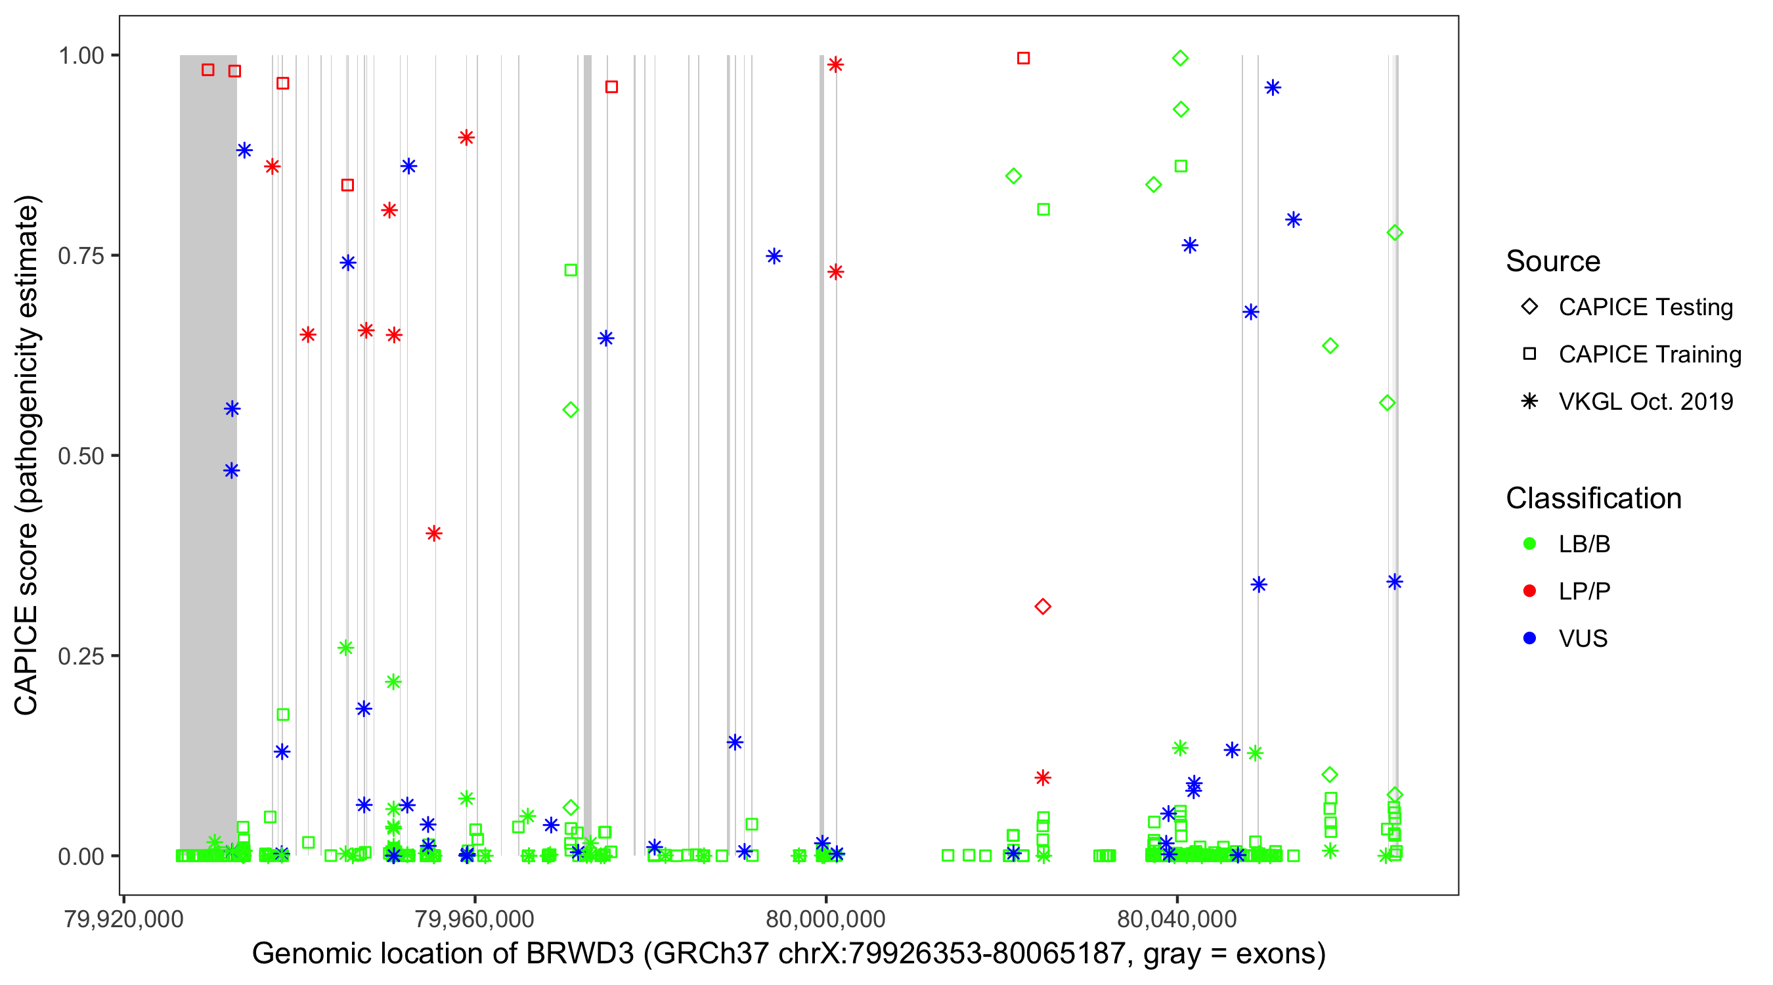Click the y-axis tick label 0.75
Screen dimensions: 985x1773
pos(81,256)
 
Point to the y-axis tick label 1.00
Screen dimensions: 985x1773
pos(81,56)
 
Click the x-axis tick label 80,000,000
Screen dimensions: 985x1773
pos(825,919)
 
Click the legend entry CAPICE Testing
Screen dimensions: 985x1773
pos(1645,307)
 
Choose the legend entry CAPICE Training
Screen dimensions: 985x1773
pos(1649,355)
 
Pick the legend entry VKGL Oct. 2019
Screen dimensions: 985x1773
pos(1645,402)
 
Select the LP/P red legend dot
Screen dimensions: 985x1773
pos(1529,591)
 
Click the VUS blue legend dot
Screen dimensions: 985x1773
pos(1529,639)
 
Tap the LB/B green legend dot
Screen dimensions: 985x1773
pos(1529,544)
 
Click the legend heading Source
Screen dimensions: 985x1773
pos(1553,261)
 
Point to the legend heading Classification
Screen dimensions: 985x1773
pos(1593,498)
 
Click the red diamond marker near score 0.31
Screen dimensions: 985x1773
pos(1043,606)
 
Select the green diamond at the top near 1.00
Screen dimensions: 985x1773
pos(1181,58)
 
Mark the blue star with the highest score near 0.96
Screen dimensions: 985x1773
pos(1273,87)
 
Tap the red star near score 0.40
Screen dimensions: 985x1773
pos(433,533)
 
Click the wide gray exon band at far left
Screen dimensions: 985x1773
pos(208,413)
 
